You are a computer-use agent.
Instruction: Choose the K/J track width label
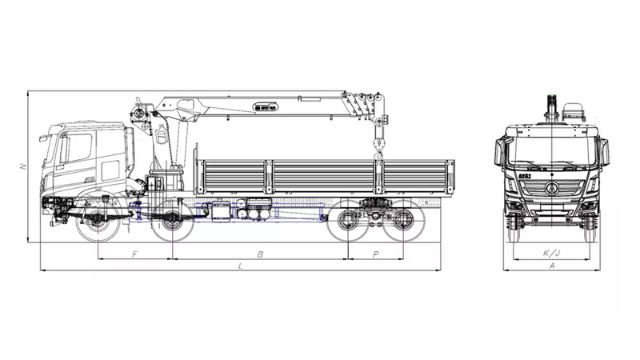551,254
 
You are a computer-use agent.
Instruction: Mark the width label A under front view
551,265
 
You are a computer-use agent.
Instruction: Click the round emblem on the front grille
551,189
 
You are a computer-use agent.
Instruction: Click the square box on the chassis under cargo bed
218,211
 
